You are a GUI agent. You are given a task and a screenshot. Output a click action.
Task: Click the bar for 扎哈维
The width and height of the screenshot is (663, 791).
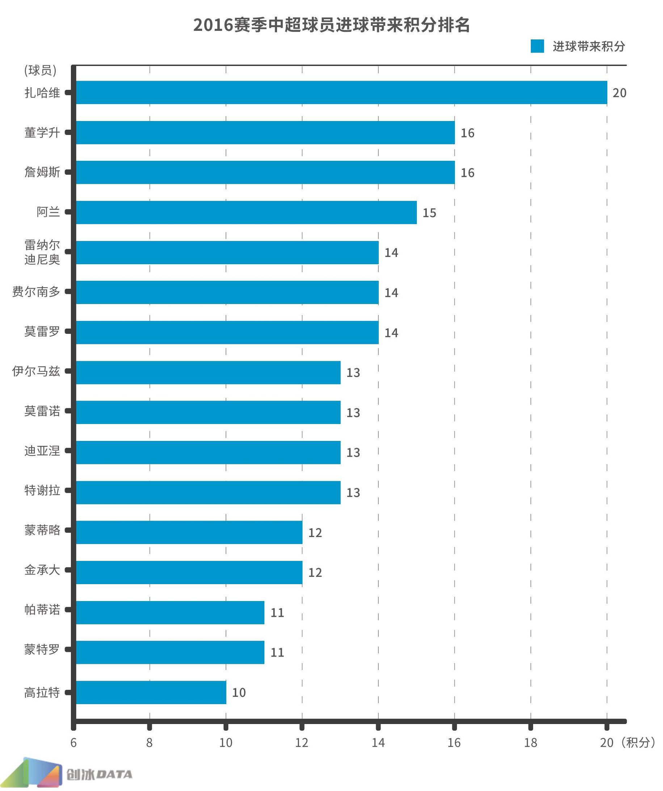coord(341,92)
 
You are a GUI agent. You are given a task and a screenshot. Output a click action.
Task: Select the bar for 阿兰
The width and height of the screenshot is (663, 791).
coord(246,212)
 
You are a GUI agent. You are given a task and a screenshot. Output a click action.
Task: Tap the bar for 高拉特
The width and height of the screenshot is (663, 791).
coord(151,692)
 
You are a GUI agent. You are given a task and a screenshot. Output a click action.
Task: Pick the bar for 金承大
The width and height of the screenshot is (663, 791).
coord(189,573)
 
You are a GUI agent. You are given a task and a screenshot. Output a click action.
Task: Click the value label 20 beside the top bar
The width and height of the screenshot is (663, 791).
coord(619,93)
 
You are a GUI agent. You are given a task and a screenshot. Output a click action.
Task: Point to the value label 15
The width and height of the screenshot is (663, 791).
coord(429,213)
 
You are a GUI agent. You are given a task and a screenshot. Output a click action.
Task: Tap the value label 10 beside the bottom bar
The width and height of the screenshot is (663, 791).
coord(239,693)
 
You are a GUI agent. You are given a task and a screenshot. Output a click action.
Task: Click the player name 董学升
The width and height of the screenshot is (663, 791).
coord(42,133)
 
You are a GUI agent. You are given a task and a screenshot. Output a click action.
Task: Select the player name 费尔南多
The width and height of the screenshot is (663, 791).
coord(36,292)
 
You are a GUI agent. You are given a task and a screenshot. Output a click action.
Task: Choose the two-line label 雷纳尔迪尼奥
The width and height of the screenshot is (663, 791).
coord(42,252)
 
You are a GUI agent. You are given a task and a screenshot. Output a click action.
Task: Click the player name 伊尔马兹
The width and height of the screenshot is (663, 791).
coord(36,371)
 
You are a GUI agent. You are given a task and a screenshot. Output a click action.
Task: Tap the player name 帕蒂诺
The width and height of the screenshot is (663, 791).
coord(42,610)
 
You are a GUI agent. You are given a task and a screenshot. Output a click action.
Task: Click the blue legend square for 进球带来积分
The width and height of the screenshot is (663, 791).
coord(537,46)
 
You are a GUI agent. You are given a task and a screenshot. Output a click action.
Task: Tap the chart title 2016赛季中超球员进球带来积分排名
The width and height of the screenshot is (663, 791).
coord(331,25)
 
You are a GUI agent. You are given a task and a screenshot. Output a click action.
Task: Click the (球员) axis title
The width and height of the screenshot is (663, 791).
coord(40,70)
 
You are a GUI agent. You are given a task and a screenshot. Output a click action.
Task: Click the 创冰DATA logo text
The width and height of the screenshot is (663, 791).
coord(99,774)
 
